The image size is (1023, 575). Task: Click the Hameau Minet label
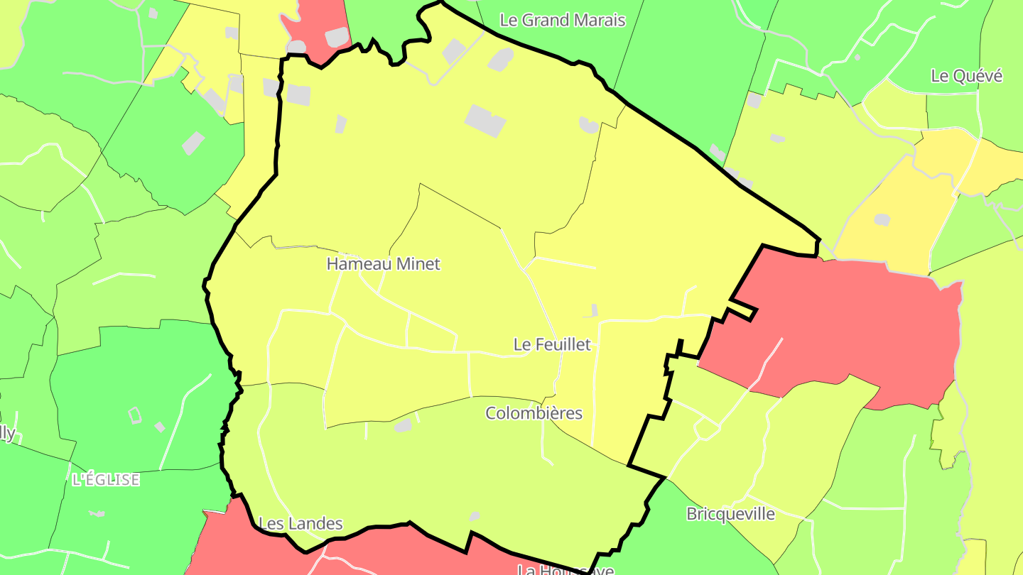pos(383,264)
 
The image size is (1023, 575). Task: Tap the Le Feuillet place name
pos(552,344)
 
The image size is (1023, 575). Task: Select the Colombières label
pos(534,413)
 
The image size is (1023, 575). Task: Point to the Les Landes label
pos(301,524)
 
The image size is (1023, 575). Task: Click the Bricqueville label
pos(730,514)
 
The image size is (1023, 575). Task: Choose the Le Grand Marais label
pos(563,20)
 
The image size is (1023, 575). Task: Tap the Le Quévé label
pos(966,76)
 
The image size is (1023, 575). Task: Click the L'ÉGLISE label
pos(106,480)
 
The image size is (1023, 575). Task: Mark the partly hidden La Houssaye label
pos(565,569)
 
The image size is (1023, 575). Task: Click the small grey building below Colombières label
pos(403,425)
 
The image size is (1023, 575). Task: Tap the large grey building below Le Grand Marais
pos(485,120)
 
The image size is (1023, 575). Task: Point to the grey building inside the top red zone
pos(337,37)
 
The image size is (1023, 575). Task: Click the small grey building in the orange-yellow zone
pos(882,220)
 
